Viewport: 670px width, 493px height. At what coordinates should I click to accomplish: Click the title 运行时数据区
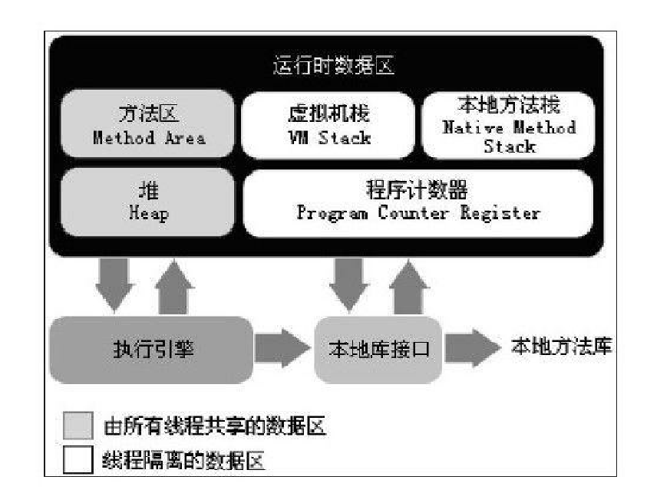point(333,66)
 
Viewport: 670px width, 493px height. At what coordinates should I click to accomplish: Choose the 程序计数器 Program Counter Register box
point(418,202)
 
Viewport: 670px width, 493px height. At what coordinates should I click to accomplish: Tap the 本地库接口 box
point(378,350)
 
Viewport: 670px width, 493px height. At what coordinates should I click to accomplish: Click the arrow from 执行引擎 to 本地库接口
point(282,350)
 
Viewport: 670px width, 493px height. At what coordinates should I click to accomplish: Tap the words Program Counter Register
point(418,213)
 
